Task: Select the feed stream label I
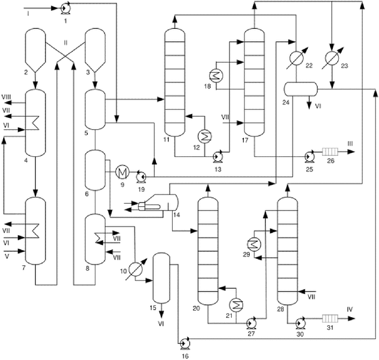pos(28,14)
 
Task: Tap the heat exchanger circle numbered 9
pos(122,172)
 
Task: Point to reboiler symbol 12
pos(204,137)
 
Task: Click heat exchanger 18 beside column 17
pos(216,76)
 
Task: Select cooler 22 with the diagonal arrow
pos(296,58)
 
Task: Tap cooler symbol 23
pos(332,58)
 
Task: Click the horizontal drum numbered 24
pos(300,89)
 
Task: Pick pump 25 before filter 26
pos(309,156)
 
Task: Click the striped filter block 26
pos(330,152)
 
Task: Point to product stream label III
pos(350,144)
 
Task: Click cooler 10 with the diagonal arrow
pos(135,269)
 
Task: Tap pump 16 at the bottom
pos(185,343)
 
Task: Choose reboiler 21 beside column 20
pos(236,305)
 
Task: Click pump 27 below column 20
pos(251,322)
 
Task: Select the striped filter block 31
pos(330,318)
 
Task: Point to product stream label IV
pos(350,309)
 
